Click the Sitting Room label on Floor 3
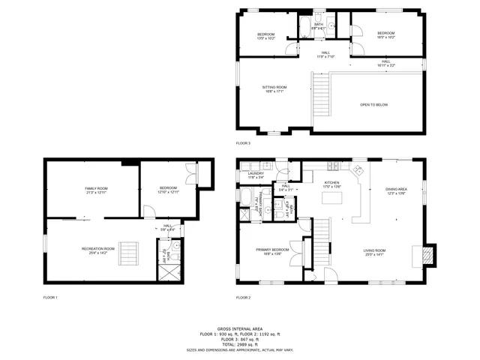tap(274, 88)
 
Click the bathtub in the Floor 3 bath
tap(305, 28)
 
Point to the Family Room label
tap(96, 188)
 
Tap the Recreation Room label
tap(98, 248)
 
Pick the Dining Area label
tap(396, 189)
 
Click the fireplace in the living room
tap(426, 256)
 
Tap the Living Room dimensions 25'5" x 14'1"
tap(374, 255)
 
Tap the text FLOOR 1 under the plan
tap(50, 298)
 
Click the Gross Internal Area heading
tap(239, 328)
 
